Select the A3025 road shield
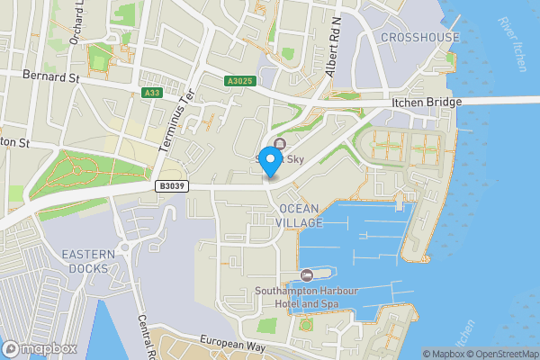(x=240, y=81)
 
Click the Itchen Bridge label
(x=427, y=103)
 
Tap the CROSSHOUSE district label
(x=419, y=38)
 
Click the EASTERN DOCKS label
(x=88, y=261)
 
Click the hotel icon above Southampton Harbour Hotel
(x=306, y=274)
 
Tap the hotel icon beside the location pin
(x=280, y=144)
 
